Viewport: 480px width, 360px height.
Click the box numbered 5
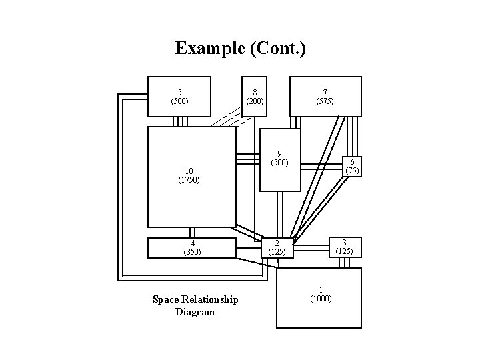pos(179,97)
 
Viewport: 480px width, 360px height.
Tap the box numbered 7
pos(325,97)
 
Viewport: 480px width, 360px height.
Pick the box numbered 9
pos(280,159)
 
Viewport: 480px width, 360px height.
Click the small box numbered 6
pos(352,166)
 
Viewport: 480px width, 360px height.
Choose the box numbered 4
pos(192,247)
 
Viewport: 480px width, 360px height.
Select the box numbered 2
pos(276,247)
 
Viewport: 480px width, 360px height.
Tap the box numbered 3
pos(344,247)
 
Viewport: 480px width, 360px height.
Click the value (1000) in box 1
pos(321,299)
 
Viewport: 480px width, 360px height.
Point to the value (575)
pos(325,101)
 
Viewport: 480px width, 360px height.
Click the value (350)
pos(192,252)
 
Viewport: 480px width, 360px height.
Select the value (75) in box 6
pos(352,170)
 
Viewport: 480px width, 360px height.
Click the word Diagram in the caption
pos(195,311)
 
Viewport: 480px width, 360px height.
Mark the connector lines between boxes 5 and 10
pos(181,122)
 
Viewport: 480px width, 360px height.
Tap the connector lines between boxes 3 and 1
pos(345,263)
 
